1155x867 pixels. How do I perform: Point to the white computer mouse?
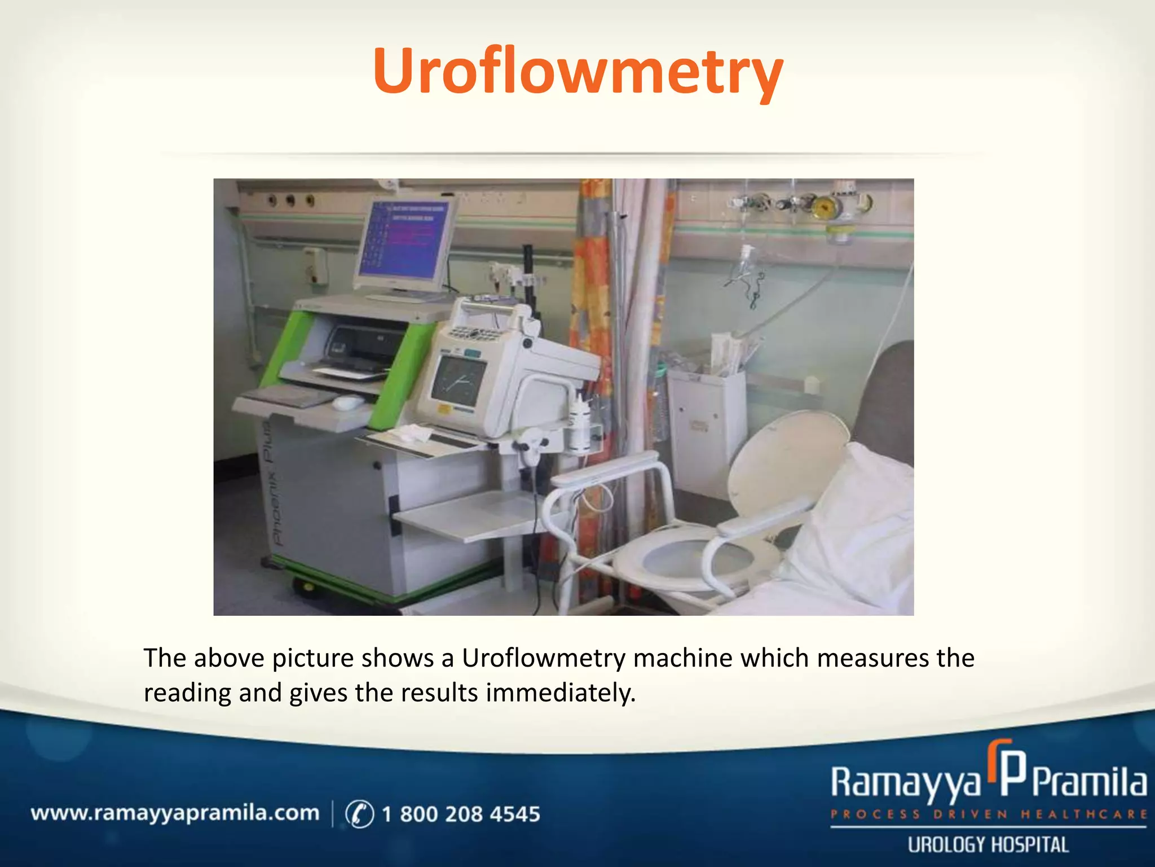(348, 402)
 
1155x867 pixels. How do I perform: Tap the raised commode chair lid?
(787, 463)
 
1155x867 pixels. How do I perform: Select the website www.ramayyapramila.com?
(175, 813)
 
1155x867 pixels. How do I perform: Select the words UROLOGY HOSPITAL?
(988, 845)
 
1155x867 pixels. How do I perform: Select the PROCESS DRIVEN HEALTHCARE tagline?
(988, 815)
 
